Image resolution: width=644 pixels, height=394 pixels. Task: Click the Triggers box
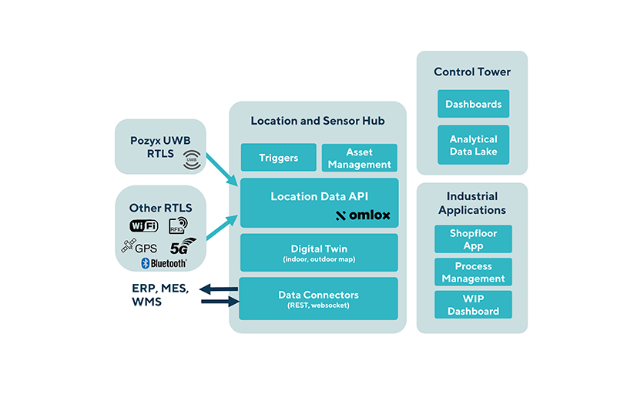pos(278,158)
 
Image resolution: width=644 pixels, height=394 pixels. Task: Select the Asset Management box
pos(359,158)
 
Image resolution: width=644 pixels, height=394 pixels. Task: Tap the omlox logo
pos(364,215)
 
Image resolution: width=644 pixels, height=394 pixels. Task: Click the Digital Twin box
pos(318,252)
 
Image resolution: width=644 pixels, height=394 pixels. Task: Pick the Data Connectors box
pos(318,299)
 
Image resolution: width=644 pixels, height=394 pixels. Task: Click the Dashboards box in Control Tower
pos(473,104)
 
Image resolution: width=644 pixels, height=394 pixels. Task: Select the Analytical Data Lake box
pos(473,145)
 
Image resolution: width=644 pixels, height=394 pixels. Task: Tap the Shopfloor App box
pos(473,239)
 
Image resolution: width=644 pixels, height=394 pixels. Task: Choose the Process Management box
pos(473,272)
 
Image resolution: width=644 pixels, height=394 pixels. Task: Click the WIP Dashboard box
pos(473,305)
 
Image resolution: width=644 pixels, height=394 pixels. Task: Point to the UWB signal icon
pos(191,160)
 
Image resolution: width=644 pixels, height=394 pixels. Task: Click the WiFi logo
pos(143,225)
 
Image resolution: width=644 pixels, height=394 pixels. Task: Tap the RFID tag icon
pos(179,225)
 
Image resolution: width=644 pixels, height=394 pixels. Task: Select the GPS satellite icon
pos(128,247)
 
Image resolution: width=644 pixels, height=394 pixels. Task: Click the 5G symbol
pos(182,247)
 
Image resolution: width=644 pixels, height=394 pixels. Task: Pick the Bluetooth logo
pos(163,263)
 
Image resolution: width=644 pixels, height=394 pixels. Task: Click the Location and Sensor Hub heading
pos(317,121)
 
